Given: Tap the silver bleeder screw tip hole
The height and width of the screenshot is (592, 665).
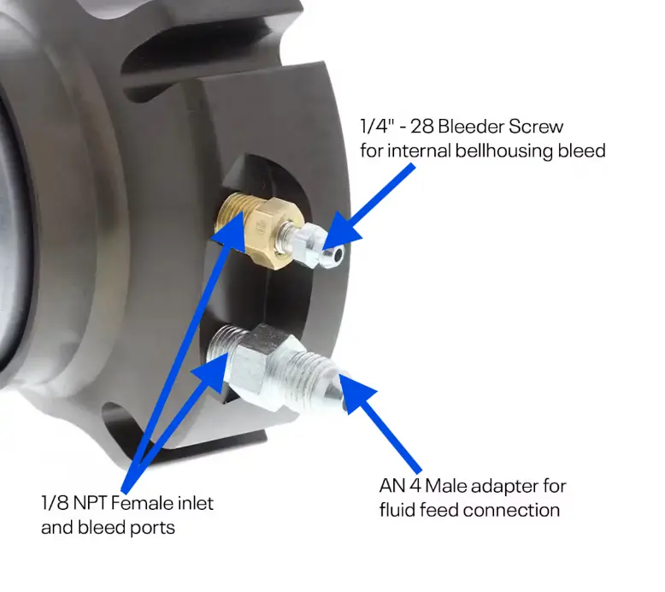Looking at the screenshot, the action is (x=338, y=255).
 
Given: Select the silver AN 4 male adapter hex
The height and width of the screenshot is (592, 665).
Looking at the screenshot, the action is (x=260, y=368).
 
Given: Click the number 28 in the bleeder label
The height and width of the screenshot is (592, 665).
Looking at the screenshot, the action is (x=422, y=127).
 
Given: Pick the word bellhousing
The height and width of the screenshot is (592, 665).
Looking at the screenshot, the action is (x=503, y=151).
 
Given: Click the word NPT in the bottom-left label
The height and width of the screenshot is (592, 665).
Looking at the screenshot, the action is (x=89, y=503).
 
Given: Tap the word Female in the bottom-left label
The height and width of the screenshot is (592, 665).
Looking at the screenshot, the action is (x=138, y=503).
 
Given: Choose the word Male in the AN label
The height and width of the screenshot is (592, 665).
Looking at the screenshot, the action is (x=444, y=486).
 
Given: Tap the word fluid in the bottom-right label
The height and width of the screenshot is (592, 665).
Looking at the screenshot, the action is (x=397, y=510).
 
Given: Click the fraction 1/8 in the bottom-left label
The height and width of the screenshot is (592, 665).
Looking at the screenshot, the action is (x=55, y=503).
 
